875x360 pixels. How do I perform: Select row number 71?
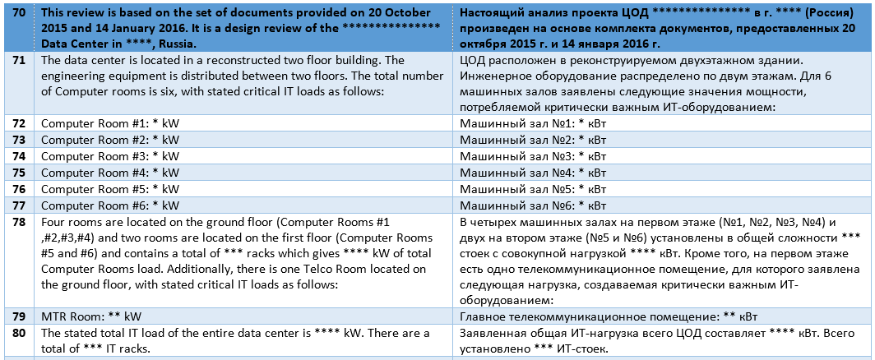point(16,61)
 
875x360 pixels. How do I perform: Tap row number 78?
point(16,222)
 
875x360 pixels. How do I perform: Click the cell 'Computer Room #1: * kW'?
point(110,122)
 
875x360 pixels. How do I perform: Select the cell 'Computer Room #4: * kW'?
point(110,172)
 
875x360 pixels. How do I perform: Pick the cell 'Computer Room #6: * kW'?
point(110,205)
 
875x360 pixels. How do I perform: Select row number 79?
point(16,316)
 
